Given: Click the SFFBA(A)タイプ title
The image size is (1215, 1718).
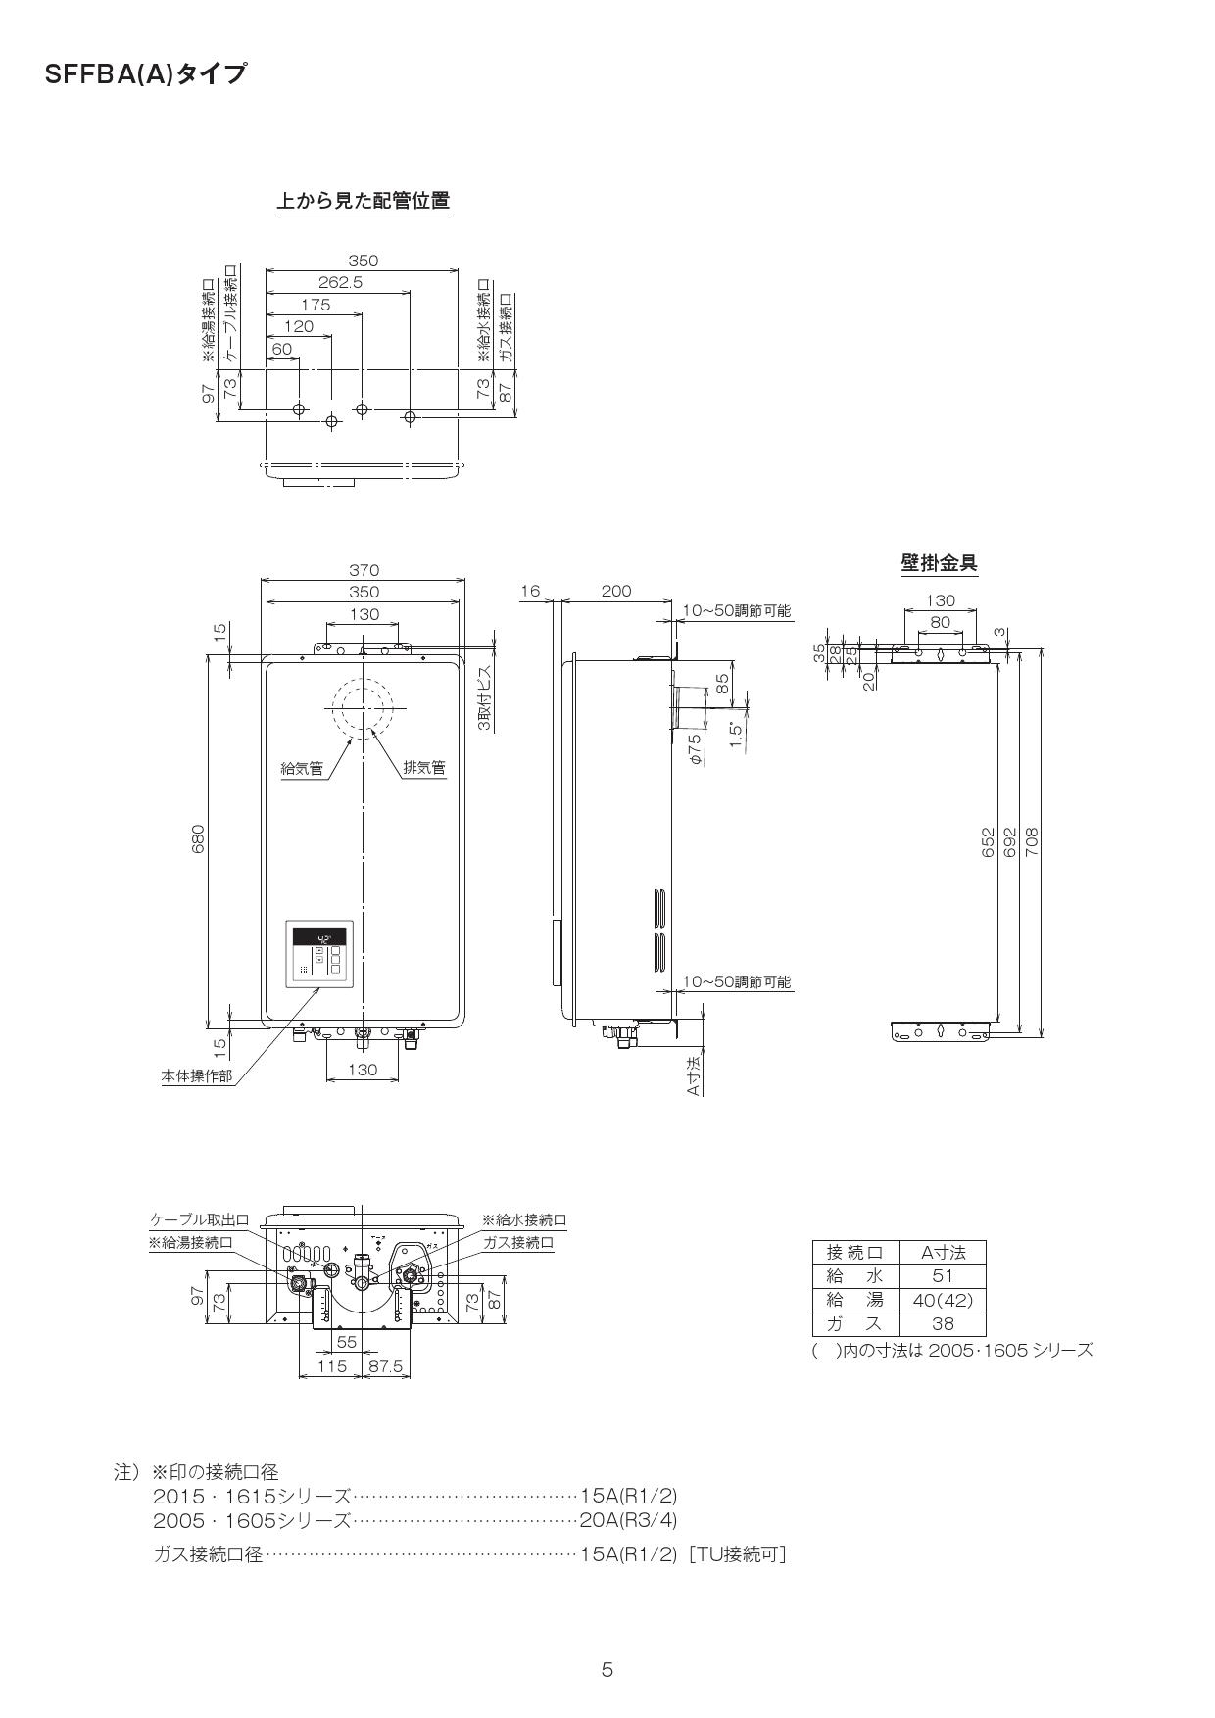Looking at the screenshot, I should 145,74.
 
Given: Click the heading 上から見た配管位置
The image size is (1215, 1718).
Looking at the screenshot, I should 364,201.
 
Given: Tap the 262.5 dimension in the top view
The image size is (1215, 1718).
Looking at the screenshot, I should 340,283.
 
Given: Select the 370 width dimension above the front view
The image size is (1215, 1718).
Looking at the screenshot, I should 364,570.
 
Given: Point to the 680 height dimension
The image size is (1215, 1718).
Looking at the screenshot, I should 199,838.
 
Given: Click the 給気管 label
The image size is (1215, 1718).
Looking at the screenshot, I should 302,769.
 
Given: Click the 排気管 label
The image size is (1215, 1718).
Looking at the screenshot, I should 424,769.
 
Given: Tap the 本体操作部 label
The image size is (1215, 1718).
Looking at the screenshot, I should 197,1076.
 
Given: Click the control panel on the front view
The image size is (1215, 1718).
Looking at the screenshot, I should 319,956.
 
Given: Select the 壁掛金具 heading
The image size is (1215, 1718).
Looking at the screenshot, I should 939,563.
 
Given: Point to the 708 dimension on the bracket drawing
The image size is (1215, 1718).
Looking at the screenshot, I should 1032,842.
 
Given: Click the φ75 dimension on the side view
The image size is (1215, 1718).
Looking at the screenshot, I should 695,748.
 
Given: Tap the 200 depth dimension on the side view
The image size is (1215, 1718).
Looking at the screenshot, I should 616,592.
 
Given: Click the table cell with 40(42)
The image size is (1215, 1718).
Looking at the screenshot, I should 942,1300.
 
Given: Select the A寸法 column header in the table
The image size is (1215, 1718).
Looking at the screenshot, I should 942,1252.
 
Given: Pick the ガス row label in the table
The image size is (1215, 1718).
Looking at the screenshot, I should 855,1324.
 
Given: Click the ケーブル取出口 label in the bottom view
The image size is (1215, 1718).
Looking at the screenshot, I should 199,1220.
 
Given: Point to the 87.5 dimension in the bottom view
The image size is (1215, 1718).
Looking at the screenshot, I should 385,1366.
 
